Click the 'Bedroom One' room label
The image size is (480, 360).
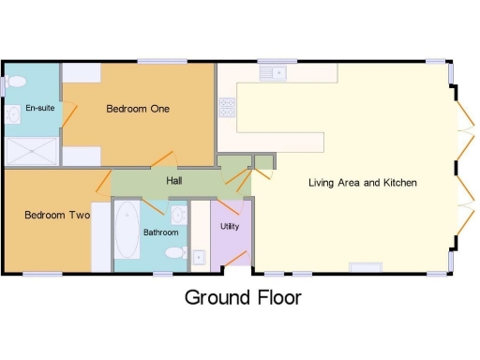click(137, 109)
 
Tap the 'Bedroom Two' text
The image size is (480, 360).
click(56, 215)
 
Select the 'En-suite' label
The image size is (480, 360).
click(39, 109)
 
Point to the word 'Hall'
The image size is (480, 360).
click(174, 181)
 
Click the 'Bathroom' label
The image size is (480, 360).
click(160, 232)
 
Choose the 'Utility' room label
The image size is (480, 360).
click(230, 227)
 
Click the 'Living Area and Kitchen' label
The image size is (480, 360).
click(362, 182)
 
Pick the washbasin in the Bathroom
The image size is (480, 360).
click(180, 215)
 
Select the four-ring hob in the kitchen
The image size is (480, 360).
click(227, 106)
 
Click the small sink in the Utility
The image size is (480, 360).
click(199, 255)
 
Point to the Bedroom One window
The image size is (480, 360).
click(161, 62)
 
